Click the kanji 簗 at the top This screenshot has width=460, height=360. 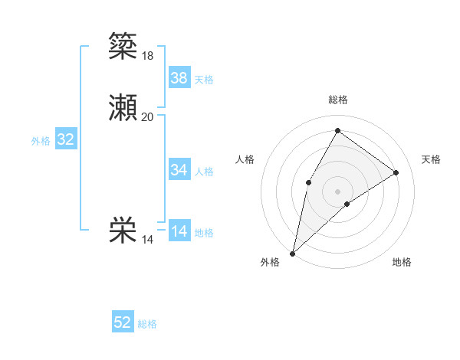[x=123, y=45]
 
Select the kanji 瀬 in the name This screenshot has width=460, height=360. [x=123, y=109]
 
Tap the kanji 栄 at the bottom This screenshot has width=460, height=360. [x=123, y=231]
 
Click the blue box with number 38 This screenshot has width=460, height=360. [x=179, y=78]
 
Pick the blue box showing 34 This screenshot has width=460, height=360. [x=179, y=170]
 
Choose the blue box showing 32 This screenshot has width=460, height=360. [x=66, y=139]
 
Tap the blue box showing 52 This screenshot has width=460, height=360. [x=123, y=322]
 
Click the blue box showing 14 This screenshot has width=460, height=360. [x=179, y=231]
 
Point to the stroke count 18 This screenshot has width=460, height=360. [x=148, y=55]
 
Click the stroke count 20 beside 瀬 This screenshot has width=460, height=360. [x=148, y=117]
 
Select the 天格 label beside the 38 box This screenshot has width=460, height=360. [x=204, y=80]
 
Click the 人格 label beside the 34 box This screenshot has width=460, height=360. [x=204, y=172]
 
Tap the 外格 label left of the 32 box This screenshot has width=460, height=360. [x=41, y=141]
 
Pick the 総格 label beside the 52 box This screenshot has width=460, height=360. [x=147, y=324]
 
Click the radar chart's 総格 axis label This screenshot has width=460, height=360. [x=337, y=100]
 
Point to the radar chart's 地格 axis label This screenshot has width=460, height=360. [x=402, y=263]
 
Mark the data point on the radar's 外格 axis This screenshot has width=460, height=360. [x=293, y=253]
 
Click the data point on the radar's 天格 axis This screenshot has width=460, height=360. [x=396, y=172]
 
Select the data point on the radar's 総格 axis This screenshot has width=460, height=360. [x=337, y=130]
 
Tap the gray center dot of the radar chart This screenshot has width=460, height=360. [x=337, y=191]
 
